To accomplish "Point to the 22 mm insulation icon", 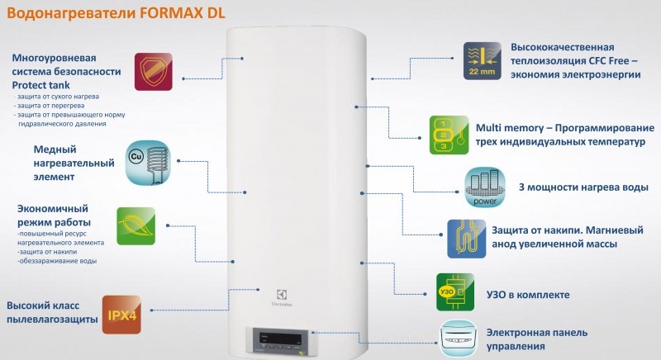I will [483, 59].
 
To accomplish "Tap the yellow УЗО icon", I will [447, 294].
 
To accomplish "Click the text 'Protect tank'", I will [42, 86].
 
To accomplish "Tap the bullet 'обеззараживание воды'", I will [57, 261].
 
